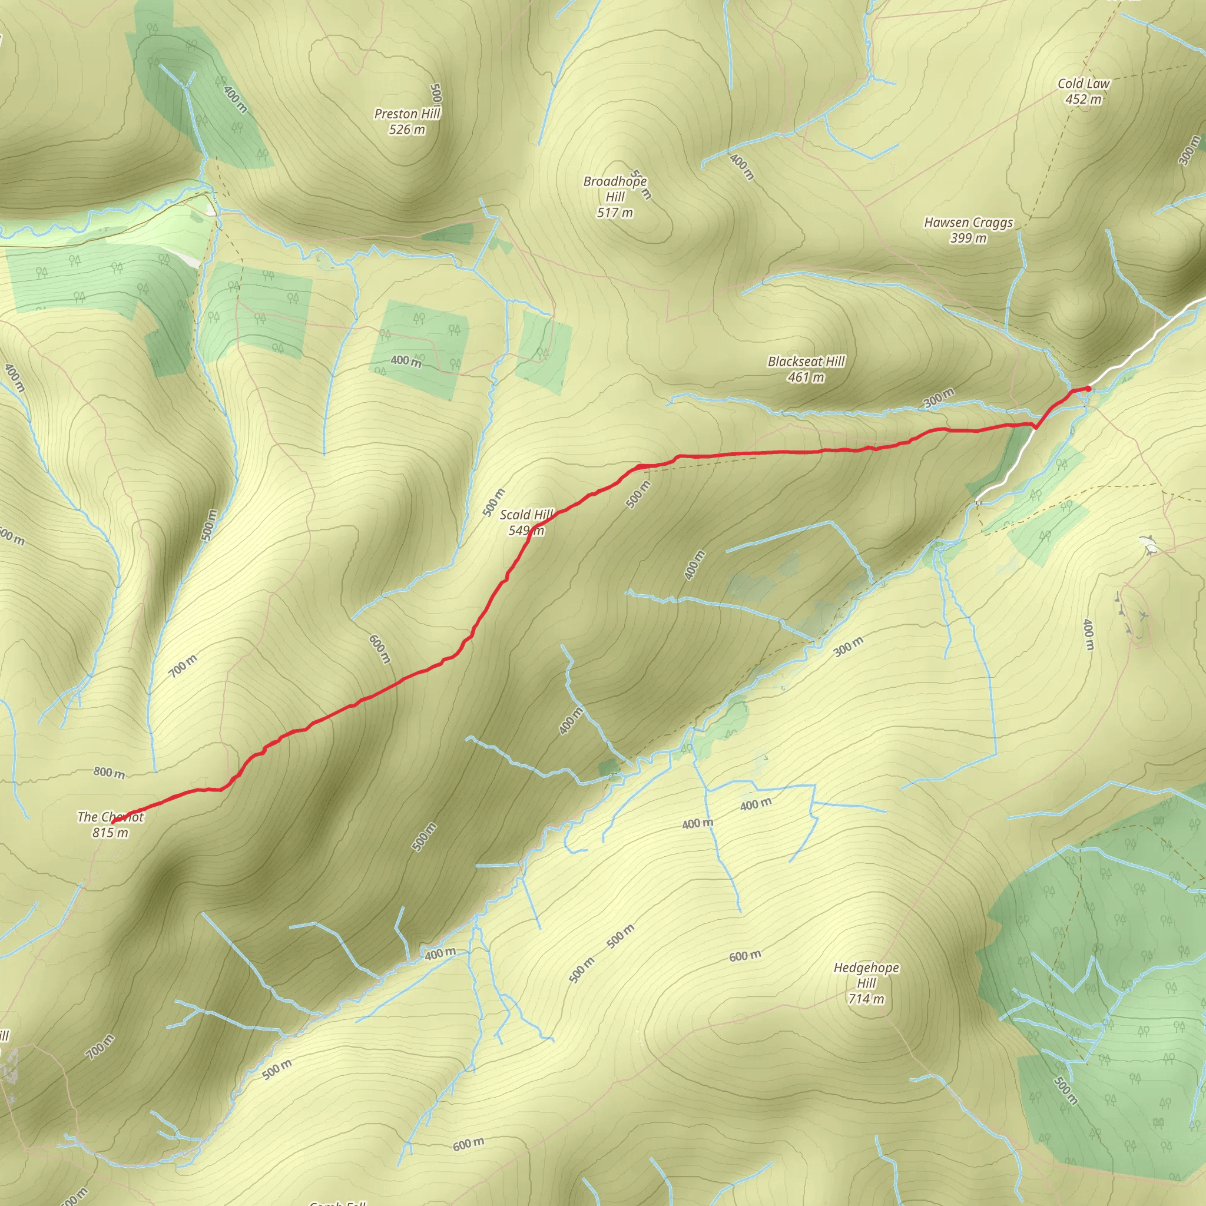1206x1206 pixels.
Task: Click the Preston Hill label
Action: pyautogui.click(x=407, y=114)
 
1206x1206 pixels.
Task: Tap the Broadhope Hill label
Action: pyautogui.click(x=615, y=188)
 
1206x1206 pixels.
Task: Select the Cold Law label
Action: pyautogui.click(x=1084, y=84)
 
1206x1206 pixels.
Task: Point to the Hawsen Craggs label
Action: pyautogui.click(x=968, y=222)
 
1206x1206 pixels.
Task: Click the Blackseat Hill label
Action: pyautogui.click(x=806, y=362)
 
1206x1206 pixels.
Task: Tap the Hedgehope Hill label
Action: pyautogui.click(x=866, y=975)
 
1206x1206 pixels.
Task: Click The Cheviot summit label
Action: pyautogui.click(x=111, y=817)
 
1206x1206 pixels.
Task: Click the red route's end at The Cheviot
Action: pyautogui.click(x=113, y=823)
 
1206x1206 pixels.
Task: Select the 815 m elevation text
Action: pyautogui.click(x=111, y=833)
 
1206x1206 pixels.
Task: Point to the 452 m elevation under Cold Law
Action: pyautogui.click(x=1084, y=100)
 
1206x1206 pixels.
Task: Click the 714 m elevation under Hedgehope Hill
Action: pyautogui.click(x=866, y=999)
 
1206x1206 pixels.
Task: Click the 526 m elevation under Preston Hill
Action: pyautogui.click(x=406, y=129)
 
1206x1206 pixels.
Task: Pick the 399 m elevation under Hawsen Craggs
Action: pyautogui.click(x=968, y=238)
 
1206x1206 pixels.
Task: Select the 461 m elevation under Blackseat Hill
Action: pyautogui.click(x=806, y=377)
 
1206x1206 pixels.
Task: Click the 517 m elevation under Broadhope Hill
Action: pyautogui.click(x=615, y=213)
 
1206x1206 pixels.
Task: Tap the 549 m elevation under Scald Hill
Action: pyautogui.click(x=526, y=531)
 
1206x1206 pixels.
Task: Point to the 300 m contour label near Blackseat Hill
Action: pyautogui.click(x=939, y=397)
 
